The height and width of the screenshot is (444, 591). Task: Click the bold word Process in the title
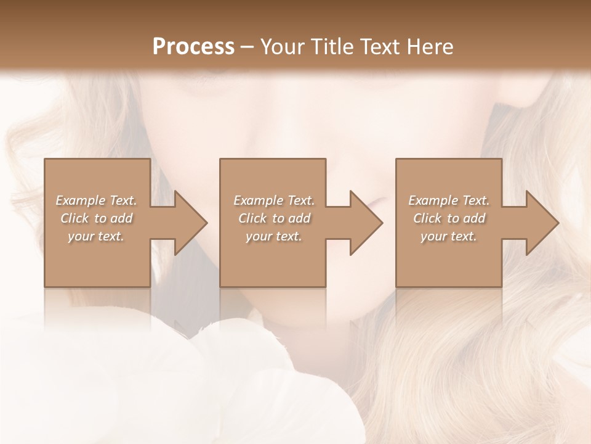tap(193, 47)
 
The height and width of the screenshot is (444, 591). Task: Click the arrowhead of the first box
tap(188, 223)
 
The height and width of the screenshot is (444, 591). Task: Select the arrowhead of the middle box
tap(364, 223)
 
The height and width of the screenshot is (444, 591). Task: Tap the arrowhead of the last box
tap(541, 223)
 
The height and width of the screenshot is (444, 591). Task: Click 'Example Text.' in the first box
tap(96, 200)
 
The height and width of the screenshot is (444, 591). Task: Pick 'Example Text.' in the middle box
tap(274, 200)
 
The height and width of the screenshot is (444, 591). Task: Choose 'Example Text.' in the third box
tap(449, 200)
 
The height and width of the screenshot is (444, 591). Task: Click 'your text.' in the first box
tap(96, 236)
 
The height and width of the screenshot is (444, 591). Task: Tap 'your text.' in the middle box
tap(274, 236)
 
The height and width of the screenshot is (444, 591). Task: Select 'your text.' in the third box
tap(449, 236)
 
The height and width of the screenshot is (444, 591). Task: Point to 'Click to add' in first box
tap(96, 218)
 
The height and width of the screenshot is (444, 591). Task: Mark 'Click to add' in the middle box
tap(274, 218)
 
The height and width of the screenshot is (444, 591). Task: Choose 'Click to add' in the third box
tap(449, 218)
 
